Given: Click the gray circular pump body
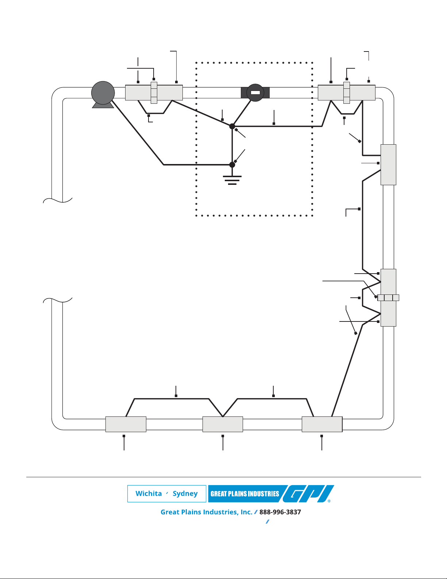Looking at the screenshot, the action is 103,93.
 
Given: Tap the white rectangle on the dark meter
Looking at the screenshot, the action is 255,92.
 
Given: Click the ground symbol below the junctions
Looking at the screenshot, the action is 232,180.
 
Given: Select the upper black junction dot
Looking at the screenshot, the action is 232,126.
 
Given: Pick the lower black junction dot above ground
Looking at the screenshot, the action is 232,165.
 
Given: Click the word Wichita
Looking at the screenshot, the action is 149,494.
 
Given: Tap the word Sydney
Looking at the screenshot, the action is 185,494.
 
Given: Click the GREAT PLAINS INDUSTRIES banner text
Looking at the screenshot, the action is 245,494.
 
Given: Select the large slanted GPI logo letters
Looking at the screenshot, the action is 308,494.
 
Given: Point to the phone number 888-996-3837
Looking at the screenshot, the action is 280,512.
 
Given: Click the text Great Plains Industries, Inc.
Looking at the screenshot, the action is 207,512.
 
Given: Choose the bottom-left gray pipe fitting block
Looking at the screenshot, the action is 126,424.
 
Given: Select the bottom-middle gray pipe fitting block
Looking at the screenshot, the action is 223,424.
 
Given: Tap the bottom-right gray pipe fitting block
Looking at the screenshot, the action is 322,424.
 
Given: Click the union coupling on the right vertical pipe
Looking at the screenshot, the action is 388,298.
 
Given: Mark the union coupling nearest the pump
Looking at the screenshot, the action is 154,93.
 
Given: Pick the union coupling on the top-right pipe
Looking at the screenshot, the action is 346,93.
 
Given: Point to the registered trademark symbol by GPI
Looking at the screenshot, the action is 329,501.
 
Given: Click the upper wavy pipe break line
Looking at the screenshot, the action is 58,200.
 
